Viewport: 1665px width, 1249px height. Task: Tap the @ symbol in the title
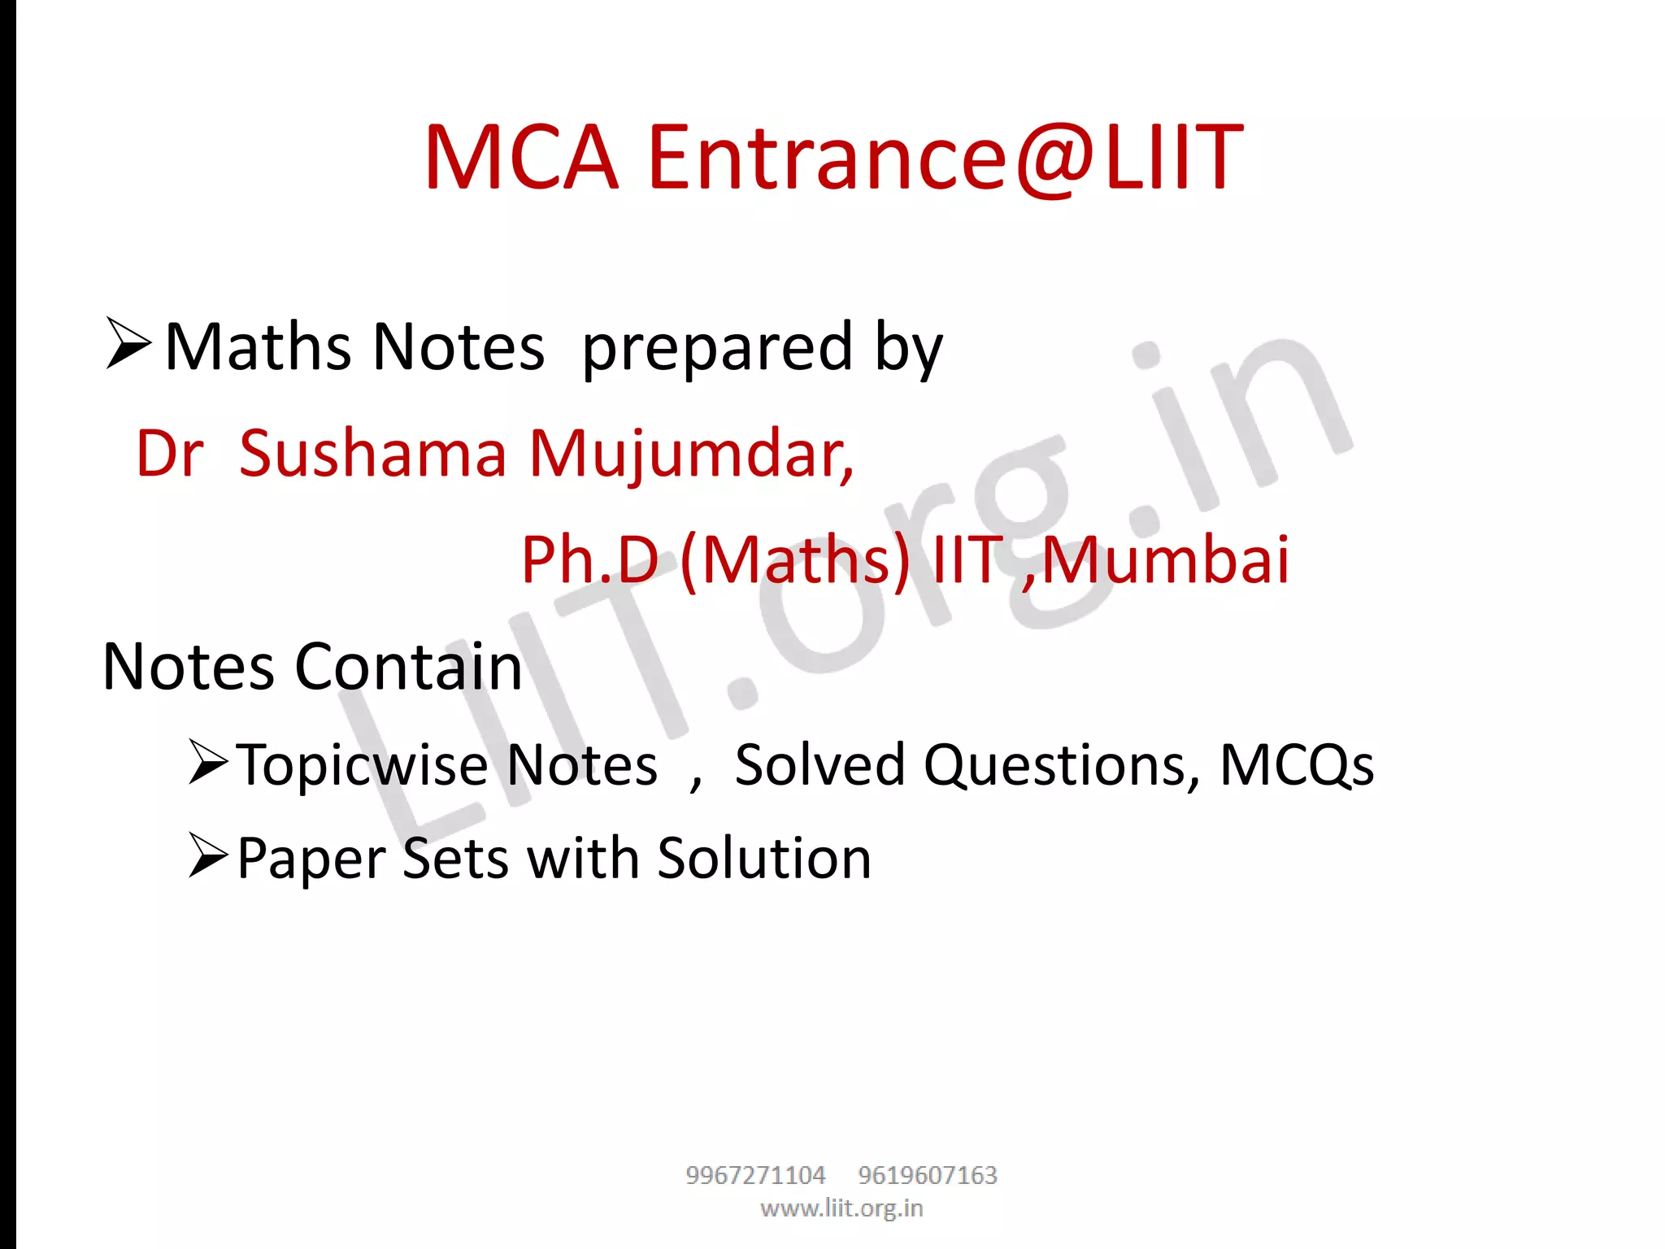[x=1055, y=159]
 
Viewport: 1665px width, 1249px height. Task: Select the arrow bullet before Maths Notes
[x=128, y=343]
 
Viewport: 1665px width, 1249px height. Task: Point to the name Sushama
[x=373, y=453]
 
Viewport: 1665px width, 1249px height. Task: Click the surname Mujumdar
[x=691, y=455]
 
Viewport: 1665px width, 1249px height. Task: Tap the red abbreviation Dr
[x=169, y=453]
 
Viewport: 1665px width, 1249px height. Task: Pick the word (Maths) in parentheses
[x=795, y=561]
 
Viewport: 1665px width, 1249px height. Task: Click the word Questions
[x=1061, y=766]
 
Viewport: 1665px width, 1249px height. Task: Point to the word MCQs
[x=1297, y=766]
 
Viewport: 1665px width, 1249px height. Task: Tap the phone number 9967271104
[x=755, y=1175]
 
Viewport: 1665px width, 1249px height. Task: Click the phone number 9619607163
[x=928, y=1175]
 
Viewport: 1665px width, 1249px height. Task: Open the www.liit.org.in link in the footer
[x=841, y=1208]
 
